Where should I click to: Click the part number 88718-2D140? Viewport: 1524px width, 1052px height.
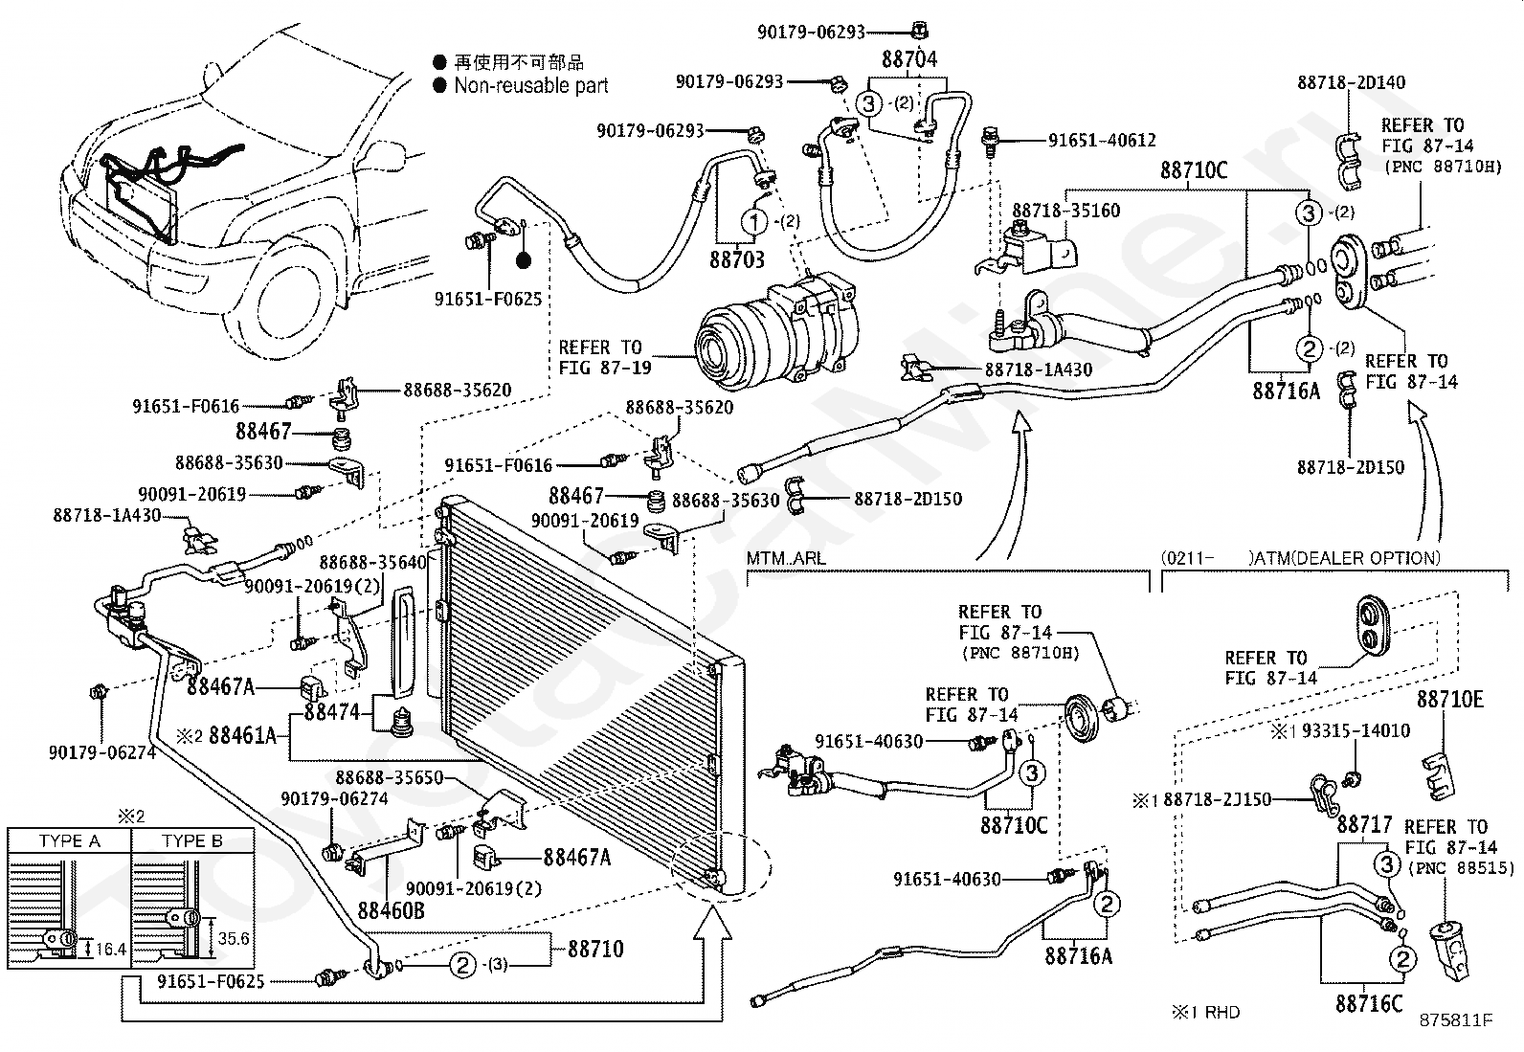1351,82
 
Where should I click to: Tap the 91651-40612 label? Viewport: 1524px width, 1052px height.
1102,140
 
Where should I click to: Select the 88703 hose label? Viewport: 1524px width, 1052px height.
737,259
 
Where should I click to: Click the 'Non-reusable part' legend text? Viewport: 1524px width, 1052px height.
530,86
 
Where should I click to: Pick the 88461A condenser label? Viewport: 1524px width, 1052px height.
242,735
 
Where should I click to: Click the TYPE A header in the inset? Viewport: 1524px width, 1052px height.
69,841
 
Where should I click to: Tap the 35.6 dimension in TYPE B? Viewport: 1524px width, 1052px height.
234,938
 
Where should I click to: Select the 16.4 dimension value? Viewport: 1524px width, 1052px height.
111,949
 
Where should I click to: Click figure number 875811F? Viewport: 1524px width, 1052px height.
1455,1020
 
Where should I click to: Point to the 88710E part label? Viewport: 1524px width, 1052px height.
1450,699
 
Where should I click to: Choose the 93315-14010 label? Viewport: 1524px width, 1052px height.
1356,730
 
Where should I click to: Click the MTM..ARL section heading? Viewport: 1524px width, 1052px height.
786,559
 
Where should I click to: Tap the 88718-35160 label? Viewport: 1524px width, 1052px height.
1066,211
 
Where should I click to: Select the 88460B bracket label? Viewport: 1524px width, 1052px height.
392,910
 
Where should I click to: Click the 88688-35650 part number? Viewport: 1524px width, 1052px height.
390,778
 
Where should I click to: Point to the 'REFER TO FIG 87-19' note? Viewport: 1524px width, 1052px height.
604,357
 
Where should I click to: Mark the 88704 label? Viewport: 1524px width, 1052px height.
909,59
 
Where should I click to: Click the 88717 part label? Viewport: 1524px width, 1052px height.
1364,825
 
